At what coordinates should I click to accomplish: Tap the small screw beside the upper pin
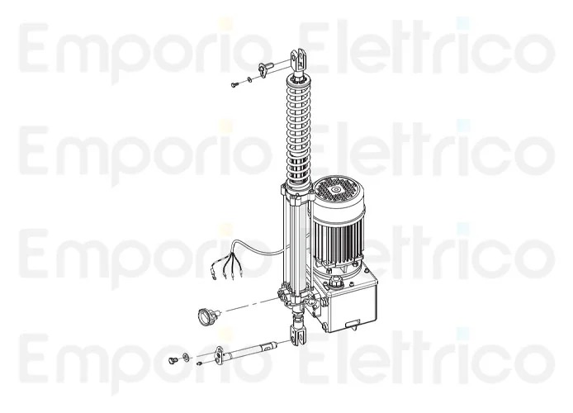[234, 82]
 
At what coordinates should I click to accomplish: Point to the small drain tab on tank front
[353, 323]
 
